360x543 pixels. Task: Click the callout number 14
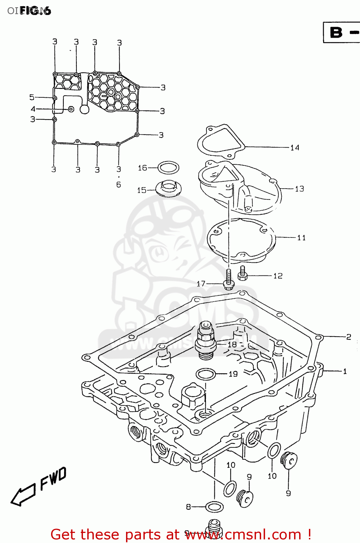[x=295, y=148]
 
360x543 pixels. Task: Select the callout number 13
[x=300, y=189]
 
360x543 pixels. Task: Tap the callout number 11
[x=301, y=238]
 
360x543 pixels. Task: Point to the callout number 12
[x=278, y=276]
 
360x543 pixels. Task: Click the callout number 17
[x=201, y=284]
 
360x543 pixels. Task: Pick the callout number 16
[x=142, y=168]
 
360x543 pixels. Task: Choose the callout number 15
[x=142, y=190]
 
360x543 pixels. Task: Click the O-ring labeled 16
[x=169, y=168]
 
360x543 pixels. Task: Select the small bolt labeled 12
[x=243, y=273]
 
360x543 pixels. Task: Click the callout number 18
[x=232, y=345]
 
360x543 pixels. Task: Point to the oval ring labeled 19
[x=206, y=374]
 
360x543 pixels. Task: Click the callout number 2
[x=348, y=337]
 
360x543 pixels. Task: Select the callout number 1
[x=345, y=371]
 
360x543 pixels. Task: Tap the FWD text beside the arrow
[x=53, y=478]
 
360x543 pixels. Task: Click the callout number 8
[x=188, y=507]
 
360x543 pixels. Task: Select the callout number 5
[x=32, y=97]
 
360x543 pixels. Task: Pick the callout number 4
[x=33, y=109]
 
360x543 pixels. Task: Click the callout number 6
[x=118, y=185]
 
